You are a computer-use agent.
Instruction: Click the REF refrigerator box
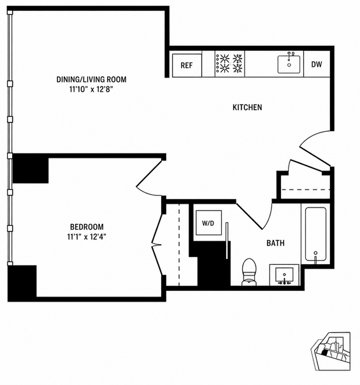pos(187,66)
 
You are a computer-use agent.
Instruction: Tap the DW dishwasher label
pos(317,64)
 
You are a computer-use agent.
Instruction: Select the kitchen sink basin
pos(289,64)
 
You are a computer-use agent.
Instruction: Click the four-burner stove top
pos(229,64)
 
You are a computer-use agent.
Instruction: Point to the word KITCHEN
pos(247,108)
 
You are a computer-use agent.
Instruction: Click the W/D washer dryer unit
pos(208,223)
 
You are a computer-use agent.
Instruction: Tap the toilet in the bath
pos(249,272)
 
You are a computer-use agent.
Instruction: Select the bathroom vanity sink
pos(285,275)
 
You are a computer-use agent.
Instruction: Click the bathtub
pos(316,234)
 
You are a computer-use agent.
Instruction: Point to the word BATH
pos(275,243)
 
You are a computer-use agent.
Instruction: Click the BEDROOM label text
pos(87,227)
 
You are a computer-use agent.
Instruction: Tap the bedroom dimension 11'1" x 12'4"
pos(87,237)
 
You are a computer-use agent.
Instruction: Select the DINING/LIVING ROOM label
pos(92,80)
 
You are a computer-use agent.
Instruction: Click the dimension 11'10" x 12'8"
pos(91,90)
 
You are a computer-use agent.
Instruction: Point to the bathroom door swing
pos(255,215)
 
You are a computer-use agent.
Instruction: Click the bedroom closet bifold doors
pos(157,245)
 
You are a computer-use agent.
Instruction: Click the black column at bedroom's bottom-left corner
pos(22,283)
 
